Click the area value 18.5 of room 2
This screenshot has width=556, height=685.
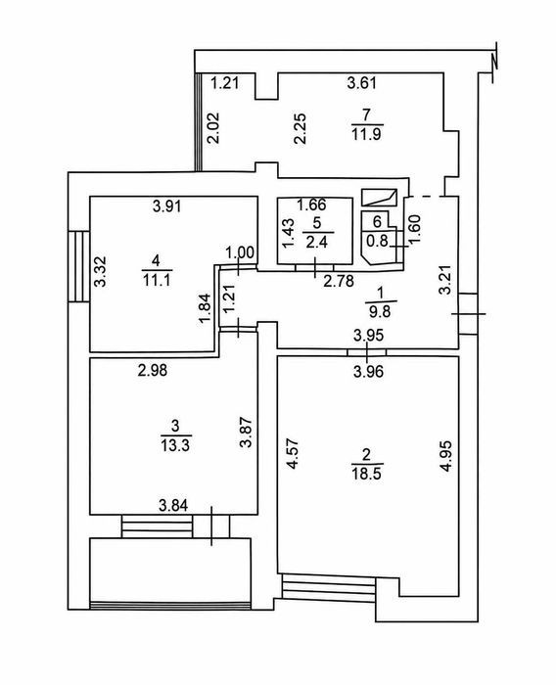[x=366, y=474]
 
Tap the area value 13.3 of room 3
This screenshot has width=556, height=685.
[x=175, y=446]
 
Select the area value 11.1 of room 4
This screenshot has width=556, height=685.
[x=157, y=280]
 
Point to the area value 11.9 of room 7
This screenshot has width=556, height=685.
[x=366, y=134]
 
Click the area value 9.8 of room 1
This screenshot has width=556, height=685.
[x=380, y=311]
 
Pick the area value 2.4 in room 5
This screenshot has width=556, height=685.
[x=317, y=242]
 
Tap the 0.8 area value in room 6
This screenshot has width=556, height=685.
[x=377, y=240]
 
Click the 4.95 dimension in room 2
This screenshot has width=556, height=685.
[x=445, y=456]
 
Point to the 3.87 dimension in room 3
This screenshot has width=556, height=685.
[x=246, y=433]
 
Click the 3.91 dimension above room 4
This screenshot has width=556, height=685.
[x=167, y=205]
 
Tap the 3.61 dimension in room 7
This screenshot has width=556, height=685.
[x=362, y=82]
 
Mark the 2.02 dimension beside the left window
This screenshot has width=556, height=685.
[x=213, y=128]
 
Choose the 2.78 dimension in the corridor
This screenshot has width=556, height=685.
[x=339, y=281]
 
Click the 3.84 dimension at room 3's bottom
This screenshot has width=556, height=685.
[x=173, y=506]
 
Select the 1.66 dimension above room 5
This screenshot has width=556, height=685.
[x=311, y=204]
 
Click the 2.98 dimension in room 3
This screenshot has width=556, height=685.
[x=152, y=371]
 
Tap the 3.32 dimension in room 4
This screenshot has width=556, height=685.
[x=101, y=271]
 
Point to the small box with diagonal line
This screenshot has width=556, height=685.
[x=379, y=197]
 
